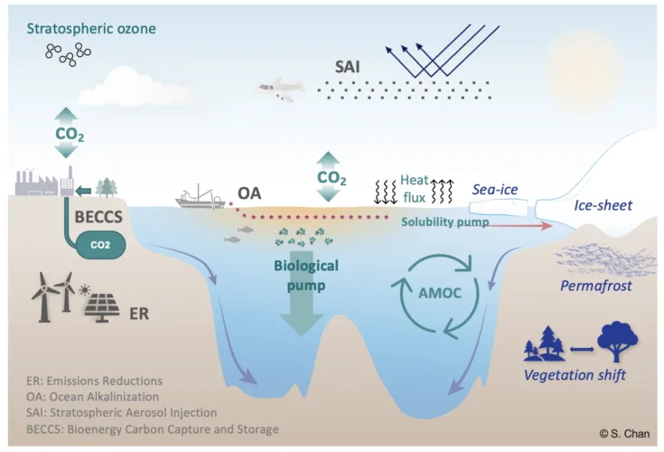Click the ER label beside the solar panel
tap(140, 315)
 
